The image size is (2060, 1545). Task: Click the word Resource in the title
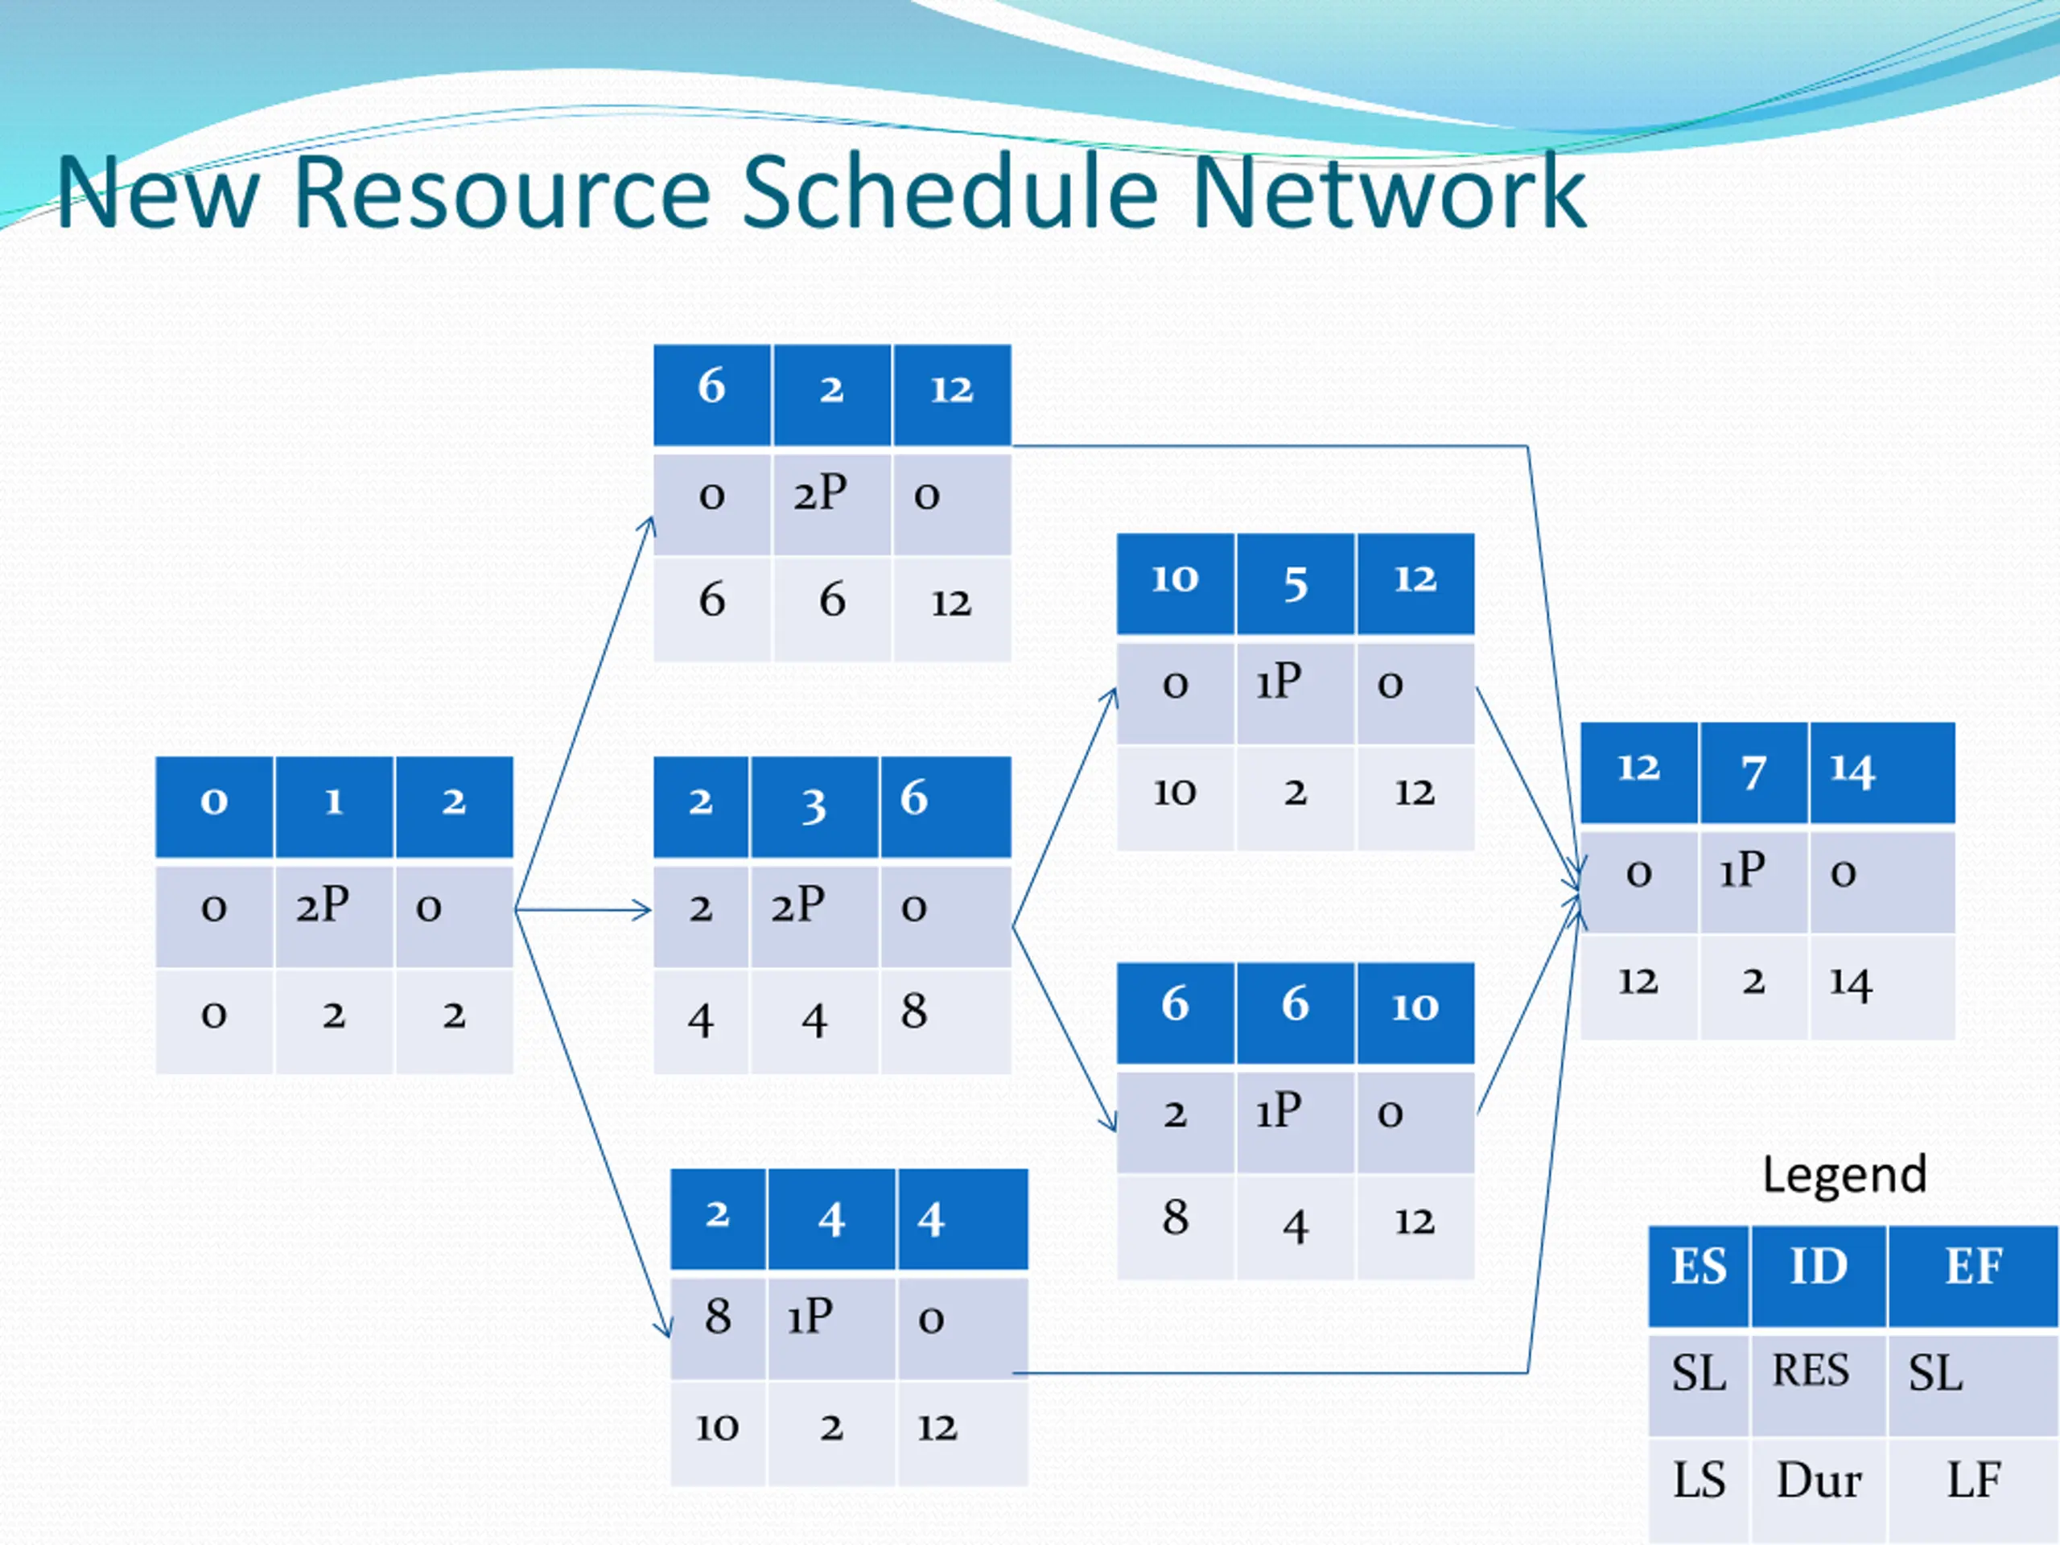(x=502, y=193)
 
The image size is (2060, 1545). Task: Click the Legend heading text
(x=1844, y=1174)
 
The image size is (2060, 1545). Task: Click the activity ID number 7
(x=1753, y=771)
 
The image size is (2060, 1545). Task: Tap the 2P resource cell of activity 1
(x=333, y=917)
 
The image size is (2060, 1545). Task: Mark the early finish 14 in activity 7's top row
(x=1852, y=771)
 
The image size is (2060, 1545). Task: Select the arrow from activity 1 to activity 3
(x=583, y=909)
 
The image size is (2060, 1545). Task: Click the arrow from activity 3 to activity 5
(x=1065, y=807)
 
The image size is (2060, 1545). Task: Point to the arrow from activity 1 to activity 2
(x=585, y=712)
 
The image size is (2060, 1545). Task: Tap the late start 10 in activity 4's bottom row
(x=717, y=1427)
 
